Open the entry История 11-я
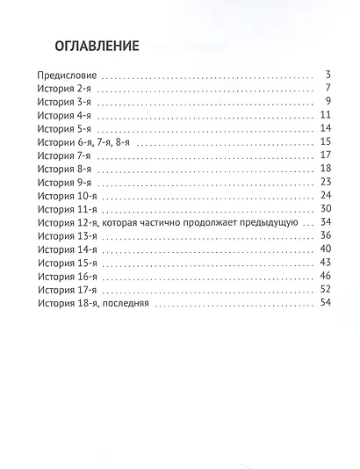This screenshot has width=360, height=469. click(x=68, y=210)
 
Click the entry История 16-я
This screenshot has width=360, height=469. click(x=68, y=277)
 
